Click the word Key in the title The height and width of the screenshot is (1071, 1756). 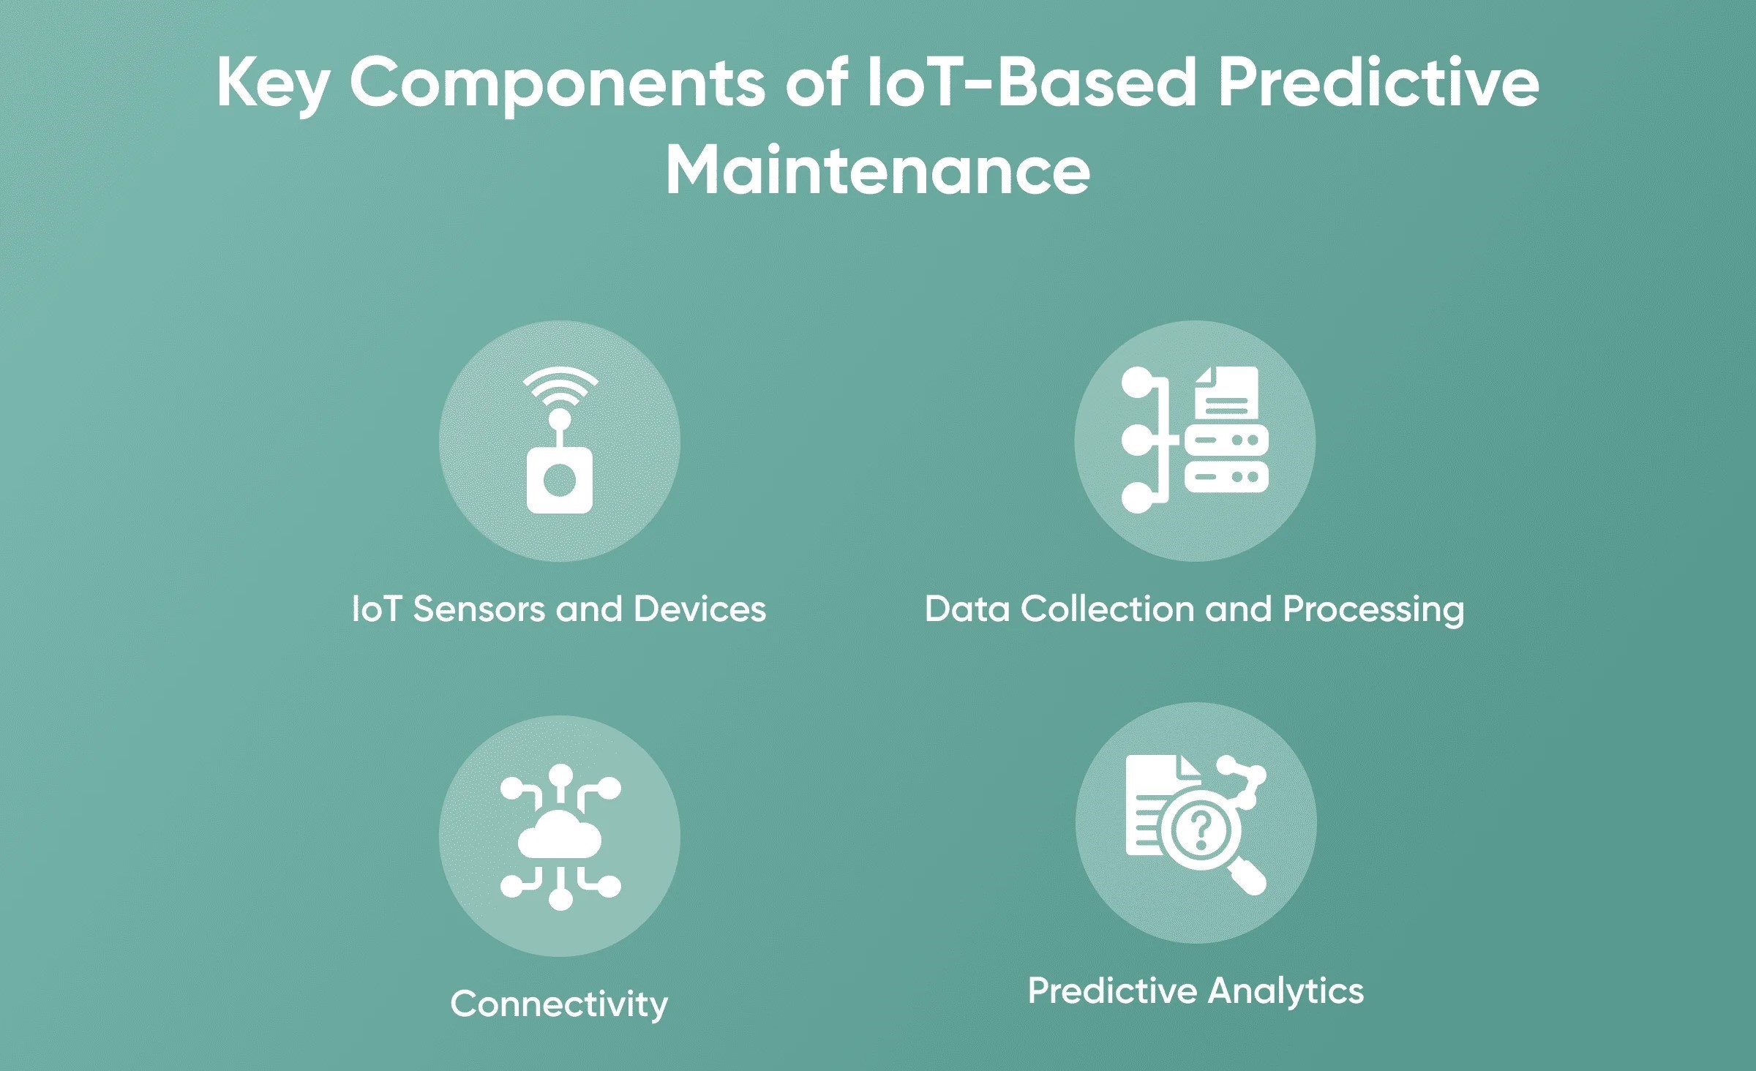(271, 84)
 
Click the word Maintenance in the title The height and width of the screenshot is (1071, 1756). (878, 171)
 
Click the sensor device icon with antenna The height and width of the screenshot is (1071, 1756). (560, 479)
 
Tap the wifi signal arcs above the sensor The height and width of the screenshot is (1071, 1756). (560, 386)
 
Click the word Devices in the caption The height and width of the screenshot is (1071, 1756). (699, 609)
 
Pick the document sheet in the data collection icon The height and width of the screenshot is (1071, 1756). (1226, 394)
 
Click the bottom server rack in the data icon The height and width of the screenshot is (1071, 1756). (1226, 477)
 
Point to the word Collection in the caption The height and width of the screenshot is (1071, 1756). (1107, 609)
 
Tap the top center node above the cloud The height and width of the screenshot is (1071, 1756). (560, 775)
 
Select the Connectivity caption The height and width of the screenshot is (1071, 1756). (559, 1004)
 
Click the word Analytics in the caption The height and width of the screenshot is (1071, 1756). (1286, 991)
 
